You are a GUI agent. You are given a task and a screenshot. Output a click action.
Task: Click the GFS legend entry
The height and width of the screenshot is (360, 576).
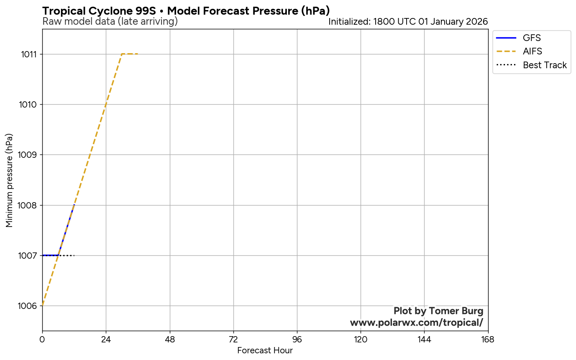coord(532,38)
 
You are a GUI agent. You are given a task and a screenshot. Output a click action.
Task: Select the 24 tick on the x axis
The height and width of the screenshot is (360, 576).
coord(106,339)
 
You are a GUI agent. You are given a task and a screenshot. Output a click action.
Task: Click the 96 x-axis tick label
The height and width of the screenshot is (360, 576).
coord(297,339)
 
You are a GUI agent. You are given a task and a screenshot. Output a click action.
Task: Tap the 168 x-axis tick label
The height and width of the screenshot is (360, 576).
coord(488,339)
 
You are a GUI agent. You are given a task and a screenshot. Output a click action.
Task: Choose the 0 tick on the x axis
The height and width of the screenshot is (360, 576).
coord(42,339)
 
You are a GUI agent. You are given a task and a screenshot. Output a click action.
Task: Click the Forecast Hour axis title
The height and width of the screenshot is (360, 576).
coord(265,350)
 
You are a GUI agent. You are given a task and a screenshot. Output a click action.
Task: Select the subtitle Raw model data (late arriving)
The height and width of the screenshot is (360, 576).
coord(110,22)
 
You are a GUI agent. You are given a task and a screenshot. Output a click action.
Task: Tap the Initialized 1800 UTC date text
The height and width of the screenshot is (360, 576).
coord(408,22)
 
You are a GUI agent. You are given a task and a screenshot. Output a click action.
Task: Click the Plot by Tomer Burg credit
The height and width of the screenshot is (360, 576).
coord(438,311)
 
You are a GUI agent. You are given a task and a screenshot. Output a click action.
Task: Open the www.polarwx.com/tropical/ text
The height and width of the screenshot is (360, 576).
coord(417,323)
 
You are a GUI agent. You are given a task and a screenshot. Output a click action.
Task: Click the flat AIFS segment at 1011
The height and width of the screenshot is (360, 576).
coord(130,54)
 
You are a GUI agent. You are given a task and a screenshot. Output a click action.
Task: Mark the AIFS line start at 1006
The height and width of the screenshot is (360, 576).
coord(43,306)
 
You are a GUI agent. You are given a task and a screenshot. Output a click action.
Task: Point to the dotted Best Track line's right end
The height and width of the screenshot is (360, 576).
coord(74,255)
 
